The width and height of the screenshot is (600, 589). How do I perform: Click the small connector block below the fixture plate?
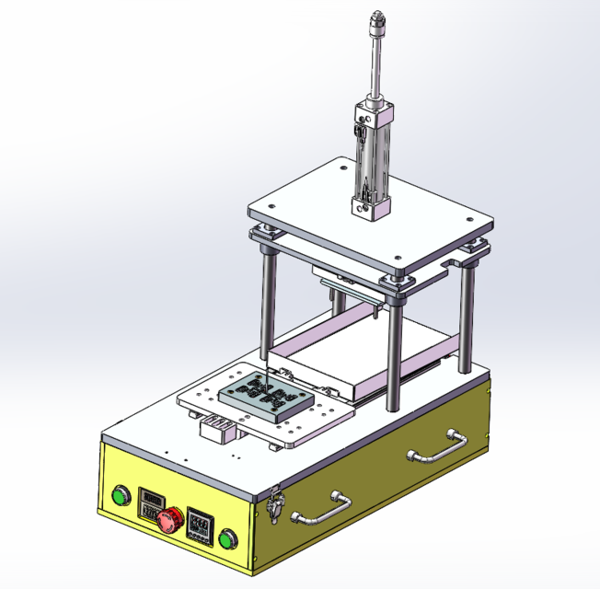(218, 430)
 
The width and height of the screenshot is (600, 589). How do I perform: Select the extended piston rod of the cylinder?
(374, 64)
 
